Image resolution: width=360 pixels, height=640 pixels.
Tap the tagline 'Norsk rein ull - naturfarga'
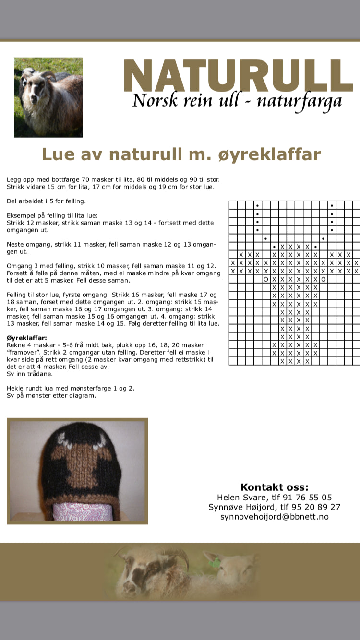(237, 101)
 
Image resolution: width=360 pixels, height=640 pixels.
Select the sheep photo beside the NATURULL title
(48, 97)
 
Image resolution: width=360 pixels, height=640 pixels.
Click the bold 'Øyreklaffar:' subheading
(27, 338)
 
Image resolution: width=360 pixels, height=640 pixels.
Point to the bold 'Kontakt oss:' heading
(274, 487)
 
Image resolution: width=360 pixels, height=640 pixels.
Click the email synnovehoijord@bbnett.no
(274, 517)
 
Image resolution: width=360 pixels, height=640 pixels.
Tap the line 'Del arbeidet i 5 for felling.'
(47, 201)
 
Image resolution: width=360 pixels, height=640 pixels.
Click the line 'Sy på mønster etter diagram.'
(51, 395)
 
